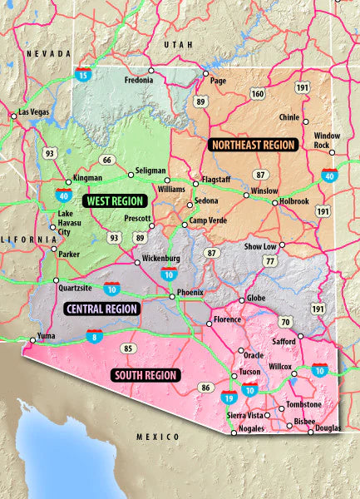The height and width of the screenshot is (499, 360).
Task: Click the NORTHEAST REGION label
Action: tap(254, 144)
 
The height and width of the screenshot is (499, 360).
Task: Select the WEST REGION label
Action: tap(115, 200)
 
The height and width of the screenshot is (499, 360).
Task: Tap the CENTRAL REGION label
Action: tap(101, 309)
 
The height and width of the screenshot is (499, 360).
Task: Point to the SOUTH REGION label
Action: tap(145, 375)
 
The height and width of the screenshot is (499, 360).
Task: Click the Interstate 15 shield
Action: tap(83, 75)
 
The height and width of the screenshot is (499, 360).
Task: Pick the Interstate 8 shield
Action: tap(94, 337)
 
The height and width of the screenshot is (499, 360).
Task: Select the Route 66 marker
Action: tap(106, 160)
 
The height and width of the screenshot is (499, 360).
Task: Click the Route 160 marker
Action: tap(258, 95)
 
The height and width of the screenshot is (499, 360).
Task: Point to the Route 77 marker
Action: tap(269, 261)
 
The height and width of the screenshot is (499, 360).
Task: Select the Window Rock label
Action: tap(327, 141)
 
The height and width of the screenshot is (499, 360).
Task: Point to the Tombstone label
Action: tap(303, 404)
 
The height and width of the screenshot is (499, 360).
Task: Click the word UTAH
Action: tap(177, 44)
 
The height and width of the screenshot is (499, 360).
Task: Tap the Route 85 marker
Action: tap(128, 348)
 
